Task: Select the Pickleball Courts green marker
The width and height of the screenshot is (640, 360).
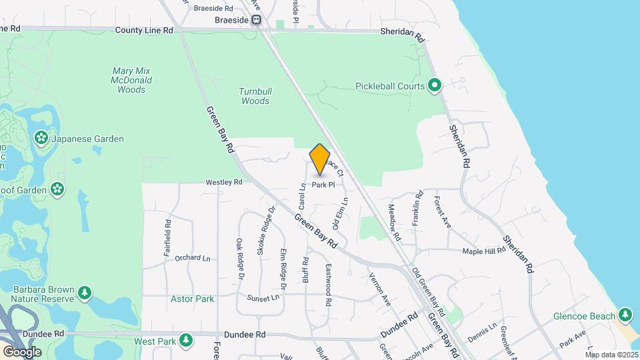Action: (435, 85)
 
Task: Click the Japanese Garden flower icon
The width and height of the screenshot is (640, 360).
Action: (41, 139)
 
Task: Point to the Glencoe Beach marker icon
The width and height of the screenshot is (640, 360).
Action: (625, 315)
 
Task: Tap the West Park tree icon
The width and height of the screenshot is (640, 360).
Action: (187, 341)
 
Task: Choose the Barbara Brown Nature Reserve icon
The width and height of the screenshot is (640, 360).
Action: (84, 293)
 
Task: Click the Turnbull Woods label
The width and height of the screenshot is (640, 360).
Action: (255, 96)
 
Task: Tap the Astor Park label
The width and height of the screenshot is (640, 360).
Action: (192, 299)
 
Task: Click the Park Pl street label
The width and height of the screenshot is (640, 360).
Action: (323, 185)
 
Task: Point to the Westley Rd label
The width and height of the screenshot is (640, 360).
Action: (223, 181)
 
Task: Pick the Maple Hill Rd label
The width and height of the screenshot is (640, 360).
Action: (485, 251)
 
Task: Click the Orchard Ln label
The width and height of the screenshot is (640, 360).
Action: (192, 257)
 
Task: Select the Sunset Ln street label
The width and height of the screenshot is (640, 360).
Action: (261, 297)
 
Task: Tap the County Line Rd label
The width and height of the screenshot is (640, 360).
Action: (144, 30)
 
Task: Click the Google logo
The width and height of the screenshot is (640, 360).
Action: (22, 351)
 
